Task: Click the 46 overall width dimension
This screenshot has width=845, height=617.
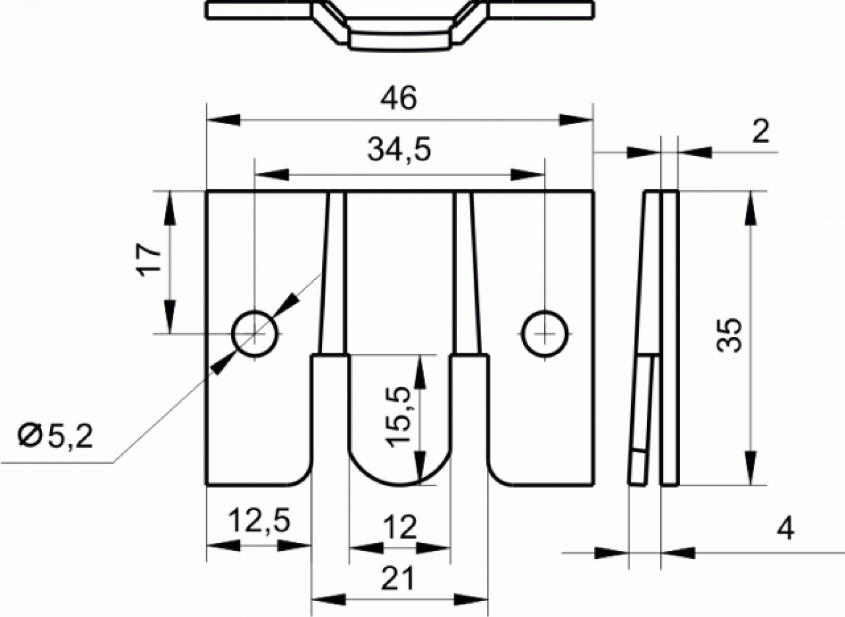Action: coord(399,98)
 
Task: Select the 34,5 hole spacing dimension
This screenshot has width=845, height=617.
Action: coord(399,150)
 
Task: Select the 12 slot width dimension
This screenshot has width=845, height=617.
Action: coord(400,527)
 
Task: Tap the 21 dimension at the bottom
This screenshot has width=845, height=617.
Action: coord(398,578)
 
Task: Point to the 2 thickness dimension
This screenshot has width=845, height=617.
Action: coord(760,132)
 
